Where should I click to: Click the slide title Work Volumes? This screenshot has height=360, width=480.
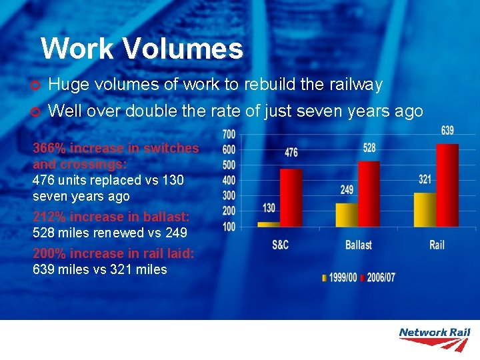(141, 49)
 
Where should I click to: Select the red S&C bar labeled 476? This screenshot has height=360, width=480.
(291, 198)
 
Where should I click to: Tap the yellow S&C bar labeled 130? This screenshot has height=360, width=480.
(269, 225)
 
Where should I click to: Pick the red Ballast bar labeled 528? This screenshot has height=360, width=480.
(369, 194)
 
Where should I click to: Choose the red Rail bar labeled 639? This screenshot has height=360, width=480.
(447, 185)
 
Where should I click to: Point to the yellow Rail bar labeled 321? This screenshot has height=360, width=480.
(425, 210)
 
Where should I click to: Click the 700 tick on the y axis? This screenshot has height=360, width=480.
(229, 135)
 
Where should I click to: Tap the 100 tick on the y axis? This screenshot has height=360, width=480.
(229, 227)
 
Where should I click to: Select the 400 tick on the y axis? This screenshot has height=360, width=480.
(229, 181)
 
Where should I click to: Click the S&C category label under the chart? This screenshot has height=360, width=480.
(280, 245)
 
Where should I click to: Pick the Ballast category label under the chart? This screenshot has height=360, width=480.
(358, 245)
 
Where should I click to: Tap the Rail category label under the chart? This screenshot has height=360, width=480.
(437, 245)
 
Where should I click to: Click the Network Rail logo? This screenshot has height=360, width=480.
(434, 339)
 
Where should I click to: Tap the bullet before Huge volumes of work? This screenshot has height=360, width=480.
(37, 85)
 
